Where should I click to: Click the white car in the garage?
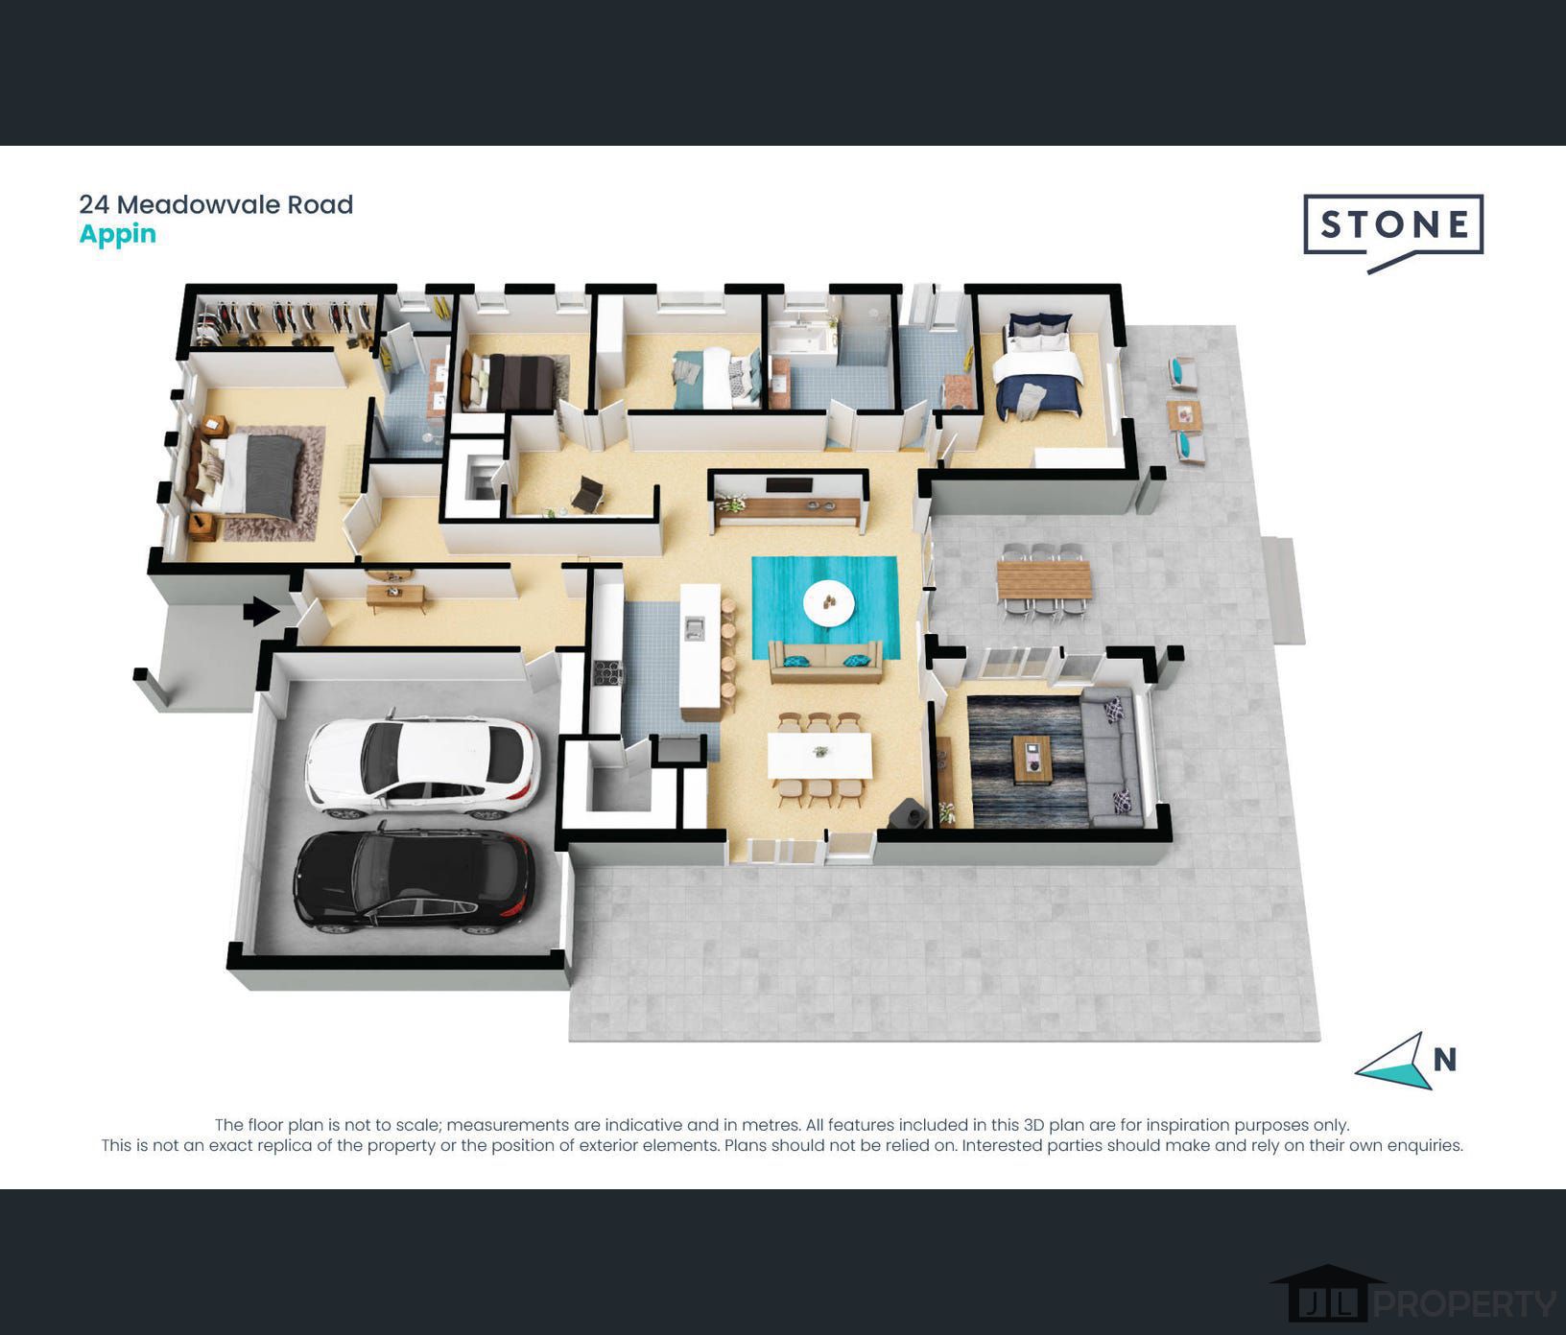click(x=421, y=767)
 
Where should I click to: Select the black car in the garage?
click(x=413, y=880)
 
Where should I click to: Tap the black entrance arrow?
click(x=261, y=611)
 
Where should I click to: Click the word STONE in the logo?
click(x=1393, y=224)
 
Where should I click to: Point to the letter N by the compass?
click(x=1445, y=1059)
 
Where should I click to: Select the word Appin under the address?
click(x=117, y=235)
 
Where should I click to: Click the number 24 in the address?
click(x=93, y=204)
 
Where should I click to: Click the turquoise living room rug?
click(x=825, y=606)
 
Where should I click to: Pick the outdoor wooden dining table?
click(x=1044, y=580)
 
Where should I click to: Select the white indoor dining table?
click(x=819, y=755)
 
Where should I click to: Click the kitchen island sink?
click(x=694, y=629)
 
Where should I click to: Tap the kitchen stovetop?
click(x=608, y=673)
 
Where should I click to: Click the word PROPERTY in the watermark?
click(x=1465, y=1304)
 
